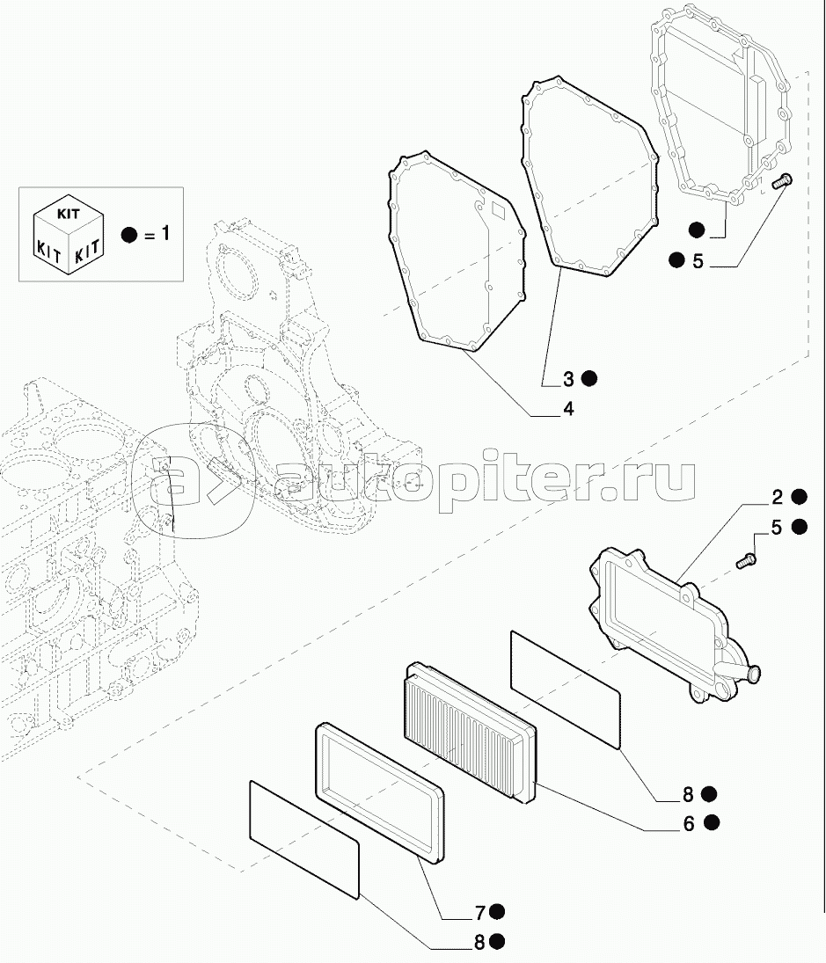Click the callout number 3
[x=568, y=380]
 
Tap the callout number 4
[x=568, y=408]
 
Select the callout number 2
[x=777, y=498]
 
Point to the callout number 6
[x=689, y=823]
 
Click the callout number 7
[x=480, y=914]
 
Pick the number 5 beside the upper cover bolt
[x=698, y=261]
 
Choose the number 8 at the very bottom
[x=479, y=942]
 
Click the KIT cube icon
[x=68, y=234]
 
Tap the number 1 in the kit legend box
[x=164, y=233]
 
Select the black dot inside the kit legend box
[x=129, y=234]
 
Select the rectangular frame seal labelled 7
[x=380, y=792]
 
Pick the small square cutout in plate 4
[x=498, y=211]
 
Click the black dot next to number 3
[x=589, y=378]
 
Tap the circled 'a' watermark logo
[x=193, y=480]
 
